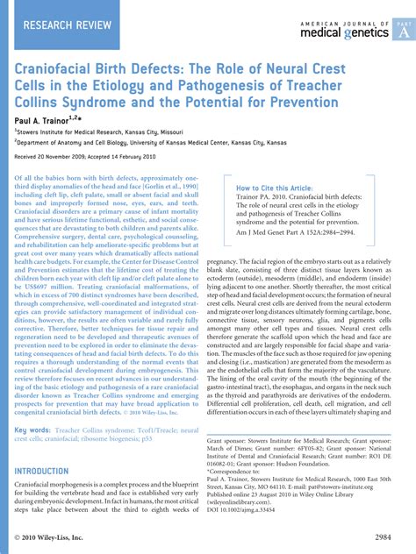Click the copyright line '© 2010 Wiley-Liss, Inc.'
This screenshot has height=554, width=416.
[x=54, y=536]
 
